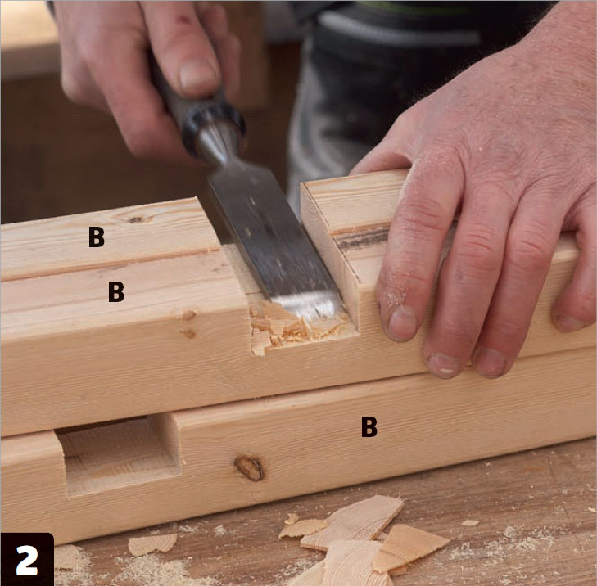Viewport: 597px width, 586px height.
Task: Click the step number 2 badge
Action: (x=27, y=559)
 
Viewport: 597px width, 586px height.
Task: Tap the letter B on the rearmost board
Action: (x=97, y=237)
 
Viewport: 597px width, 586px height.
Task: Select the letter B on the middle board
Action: (x=116, y=291)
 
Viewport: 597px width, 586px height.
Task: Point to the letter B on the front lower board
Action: (x=369, y=426)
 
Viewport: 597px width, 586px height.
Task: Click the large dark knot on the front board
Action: (x=249, y=467)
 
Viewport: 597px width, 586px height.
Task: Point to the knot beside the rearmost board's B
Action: (x=135, y=219)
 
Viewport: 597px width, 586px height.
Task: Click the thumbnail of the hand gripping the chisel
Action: (x=199, y=74)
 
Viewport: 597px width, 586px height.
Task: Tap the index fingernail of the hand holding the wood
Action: (x=402, y=323)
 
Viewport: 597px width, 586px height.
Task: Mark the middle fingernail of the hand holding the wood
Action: (x=444, y=365)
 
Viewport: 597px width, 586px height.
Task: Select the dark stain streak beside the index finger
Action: (x=363, y=238)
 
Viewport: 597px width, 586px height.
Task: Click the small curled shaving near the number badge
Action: (x=152, y=544)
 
